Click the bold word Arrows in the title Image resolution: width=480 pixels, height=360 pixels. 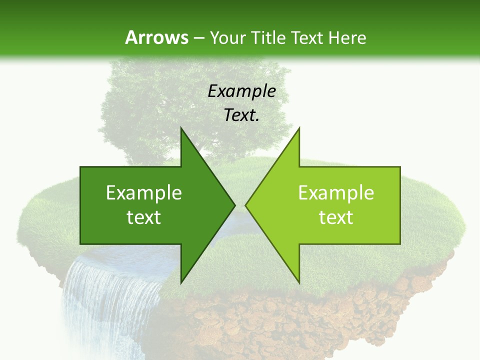157,37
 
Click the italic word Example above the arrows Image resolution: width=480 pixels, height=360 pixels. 241,91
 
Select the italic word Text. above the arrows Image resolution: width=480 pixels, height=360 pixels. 241,115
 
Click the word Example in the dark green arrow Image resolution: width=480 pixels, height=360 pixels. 144,192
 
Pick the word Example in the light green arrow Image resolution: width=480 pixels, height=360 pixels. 336,192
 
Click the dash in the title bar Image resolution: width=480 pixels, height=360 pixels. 198,37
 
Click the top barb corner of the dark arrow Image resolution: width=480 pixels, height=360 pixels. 181,129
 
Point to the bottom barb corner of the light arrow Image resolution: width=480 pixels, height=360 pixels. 299,282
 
